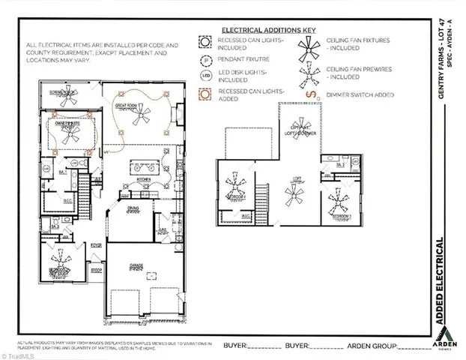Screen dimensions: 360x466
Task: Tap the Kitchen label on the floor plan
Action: point(144,180)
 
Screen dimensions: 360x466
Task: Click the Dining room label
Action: point(133,208)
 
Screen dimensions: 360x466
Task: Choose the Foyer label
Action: point(96,244)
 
